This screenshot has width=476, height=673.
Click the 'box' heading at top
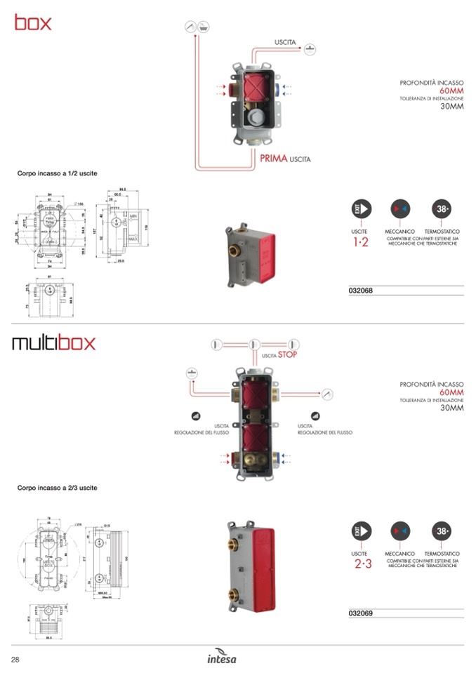click(x=33, y=22)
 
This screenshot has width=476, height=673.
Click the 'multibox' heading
click(x=53, y=344)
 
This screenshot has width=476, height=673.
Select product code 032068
click(x=360, y=291)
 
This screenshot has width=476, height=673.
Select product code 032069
click(x=360, y=613)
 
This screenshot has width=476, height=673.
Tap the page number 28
click(x=15, y=658)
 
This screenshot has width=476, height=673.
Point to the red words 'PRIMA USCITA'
click(x=284, y=159)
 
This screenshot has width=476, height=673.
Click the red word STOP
click(x=288, y=355)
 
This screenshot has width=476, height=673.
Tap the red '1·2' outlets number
click(x=360, y=243)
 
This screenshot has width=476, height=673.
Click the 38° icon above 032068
click(x=442, y=209)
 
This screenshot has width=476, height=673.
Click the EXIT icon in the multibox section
click(x=361, y=531)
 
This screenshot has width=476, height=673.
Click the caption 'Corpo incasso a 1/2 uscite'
click(x=57, y=173)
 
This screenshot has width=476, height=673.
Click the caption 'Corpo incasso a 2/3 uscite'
click(x=57, y=487)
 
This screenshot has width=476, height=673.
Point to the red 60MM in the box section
click(x=451, y=91)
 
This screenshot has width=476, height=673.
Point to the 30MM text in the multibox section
click(x=451, y=408)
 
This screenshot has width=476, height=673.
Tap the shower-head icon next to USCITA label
click(x=310, y=48)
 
